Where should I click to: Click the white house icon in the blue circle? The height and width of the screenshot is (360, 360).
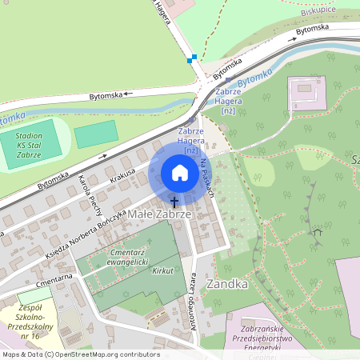179,173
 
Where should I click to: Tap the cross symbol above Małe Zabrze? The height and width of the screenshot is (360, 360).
174,202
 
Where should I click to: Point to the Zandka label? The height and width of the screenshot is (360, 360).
226,283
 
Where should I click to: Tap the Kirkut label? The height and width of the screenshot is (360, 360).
162,271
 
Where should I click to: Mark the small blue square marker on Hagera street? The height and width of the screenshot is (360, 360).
190,59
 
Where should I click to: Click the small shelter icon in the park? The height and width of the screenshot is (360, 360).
318,234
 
